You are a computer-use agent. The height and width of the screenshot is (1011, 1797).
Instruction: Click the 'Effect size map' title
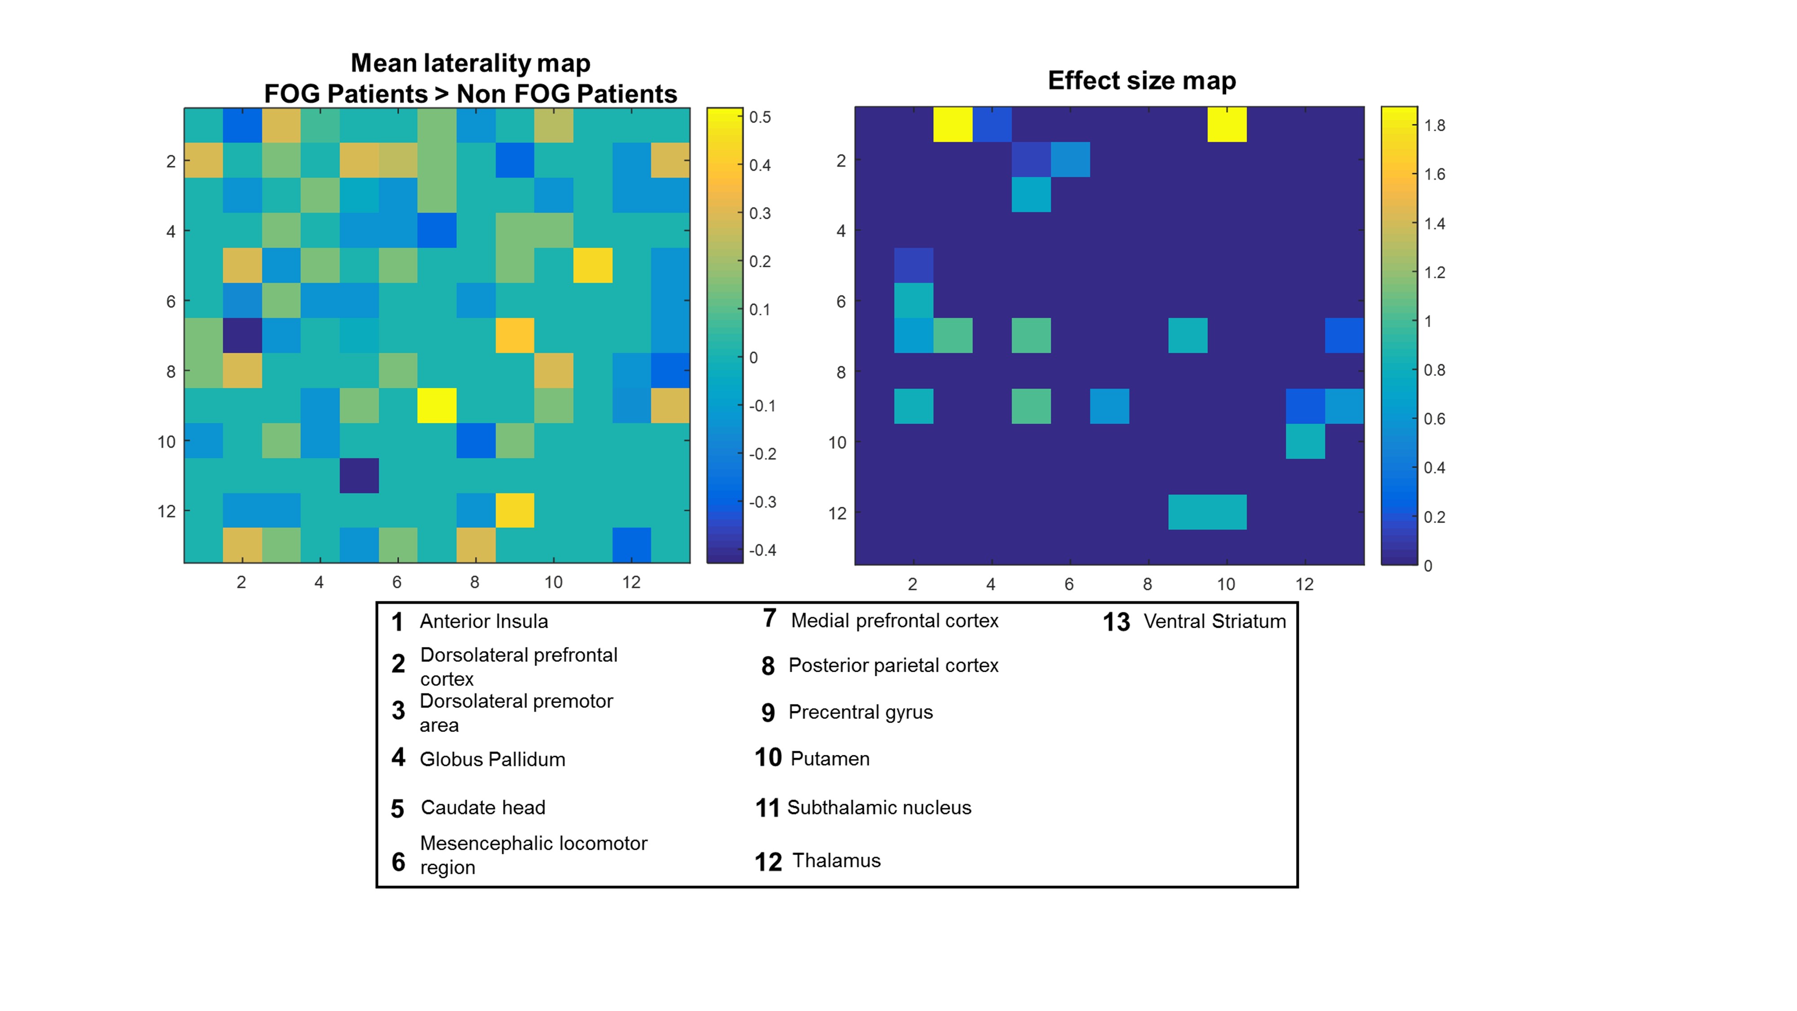tap(1141, 81)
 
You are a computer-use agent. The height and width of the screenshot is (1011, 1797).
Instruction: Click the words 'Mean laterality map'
tap(470, 63)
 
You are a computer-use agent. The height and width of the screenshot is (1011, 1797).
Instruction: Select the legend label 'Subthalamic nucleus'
tap(879, 807)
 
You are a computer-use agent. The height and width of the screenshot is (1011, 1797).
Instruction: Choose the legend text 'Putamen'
tap(830, 758)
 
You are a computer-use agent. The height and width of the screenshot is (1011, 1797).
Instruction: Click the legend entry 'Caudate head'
tap(483, 807)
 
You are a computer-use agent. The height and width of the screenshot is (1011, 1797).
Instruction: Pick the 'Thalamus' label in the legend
tap(837, 860)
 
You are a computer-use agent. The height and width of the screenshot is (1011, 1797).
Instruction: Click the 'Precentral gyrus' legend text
tap(860, 712)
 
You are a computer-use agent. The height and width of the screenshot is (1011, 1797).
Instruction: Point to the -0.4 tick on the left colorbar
tap(762, 550)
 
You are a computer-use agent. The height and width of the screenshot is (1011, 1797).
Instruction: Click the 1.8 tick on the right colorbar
tap(1434, 126)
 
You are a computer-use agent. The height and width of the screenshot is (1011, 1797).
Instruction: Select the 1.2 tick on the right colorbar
tap(1434, 273)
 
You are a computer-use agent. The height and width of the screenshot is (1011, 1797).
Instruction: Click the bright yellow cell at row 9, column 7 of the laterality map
tap(437, 405)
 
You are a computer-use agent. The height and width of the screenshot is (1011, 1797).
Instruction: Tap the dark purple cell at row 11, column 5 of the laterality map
tap(359, 475)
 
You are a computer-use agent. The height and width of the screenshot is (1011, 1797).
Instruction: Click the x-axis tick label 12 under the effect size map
tap(1304, 584)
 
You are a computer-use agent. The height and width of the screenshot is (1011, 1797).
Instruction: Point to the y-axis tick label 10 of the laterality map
tap(166, 442)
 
